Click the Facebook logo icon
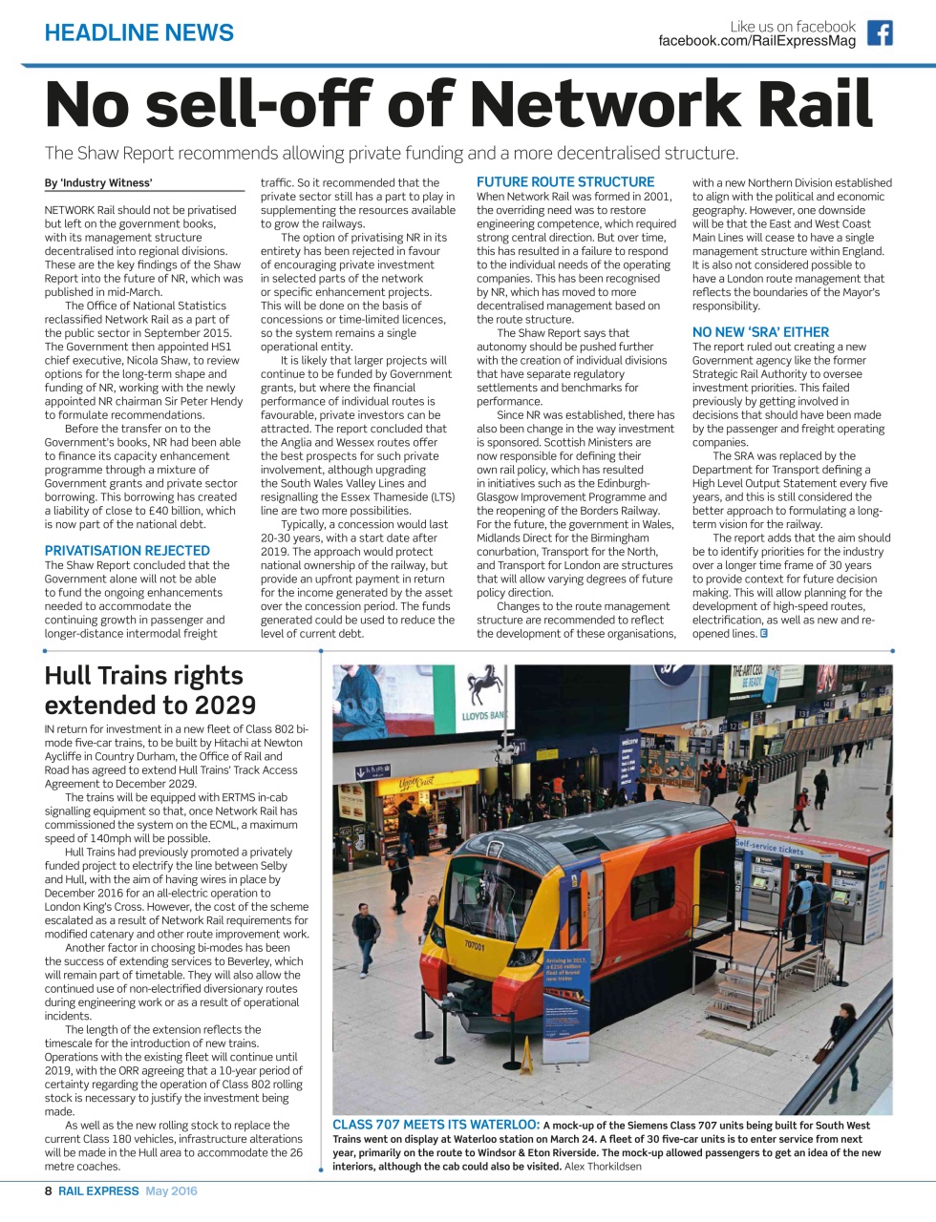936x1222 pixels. (x=880, y=33)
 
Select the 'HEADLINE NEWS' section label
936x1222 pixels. (x=139, y=32)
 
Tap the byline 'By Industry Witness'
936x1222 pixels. (x=97, y=183)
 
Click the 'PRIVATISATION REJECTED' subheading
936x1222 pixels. (x=127, y=551)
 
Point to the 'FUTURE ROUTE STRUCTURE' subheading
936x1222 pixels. (x=565, y=182)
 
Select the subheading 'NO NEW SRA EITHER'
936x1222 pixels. (x=760, y=332)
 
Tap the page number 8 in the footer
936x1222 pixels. (x=49, y=1190)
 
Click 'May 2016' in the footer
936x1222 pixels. (x=171, y=1190)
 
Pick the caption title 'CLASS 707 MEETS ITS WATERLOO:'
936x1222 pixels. (x=436, y=1126)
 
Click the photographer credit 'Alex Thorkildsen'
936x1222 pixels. (x=603, y=1166)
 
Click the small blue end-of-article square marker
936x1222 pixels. (x=764, y=633)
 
